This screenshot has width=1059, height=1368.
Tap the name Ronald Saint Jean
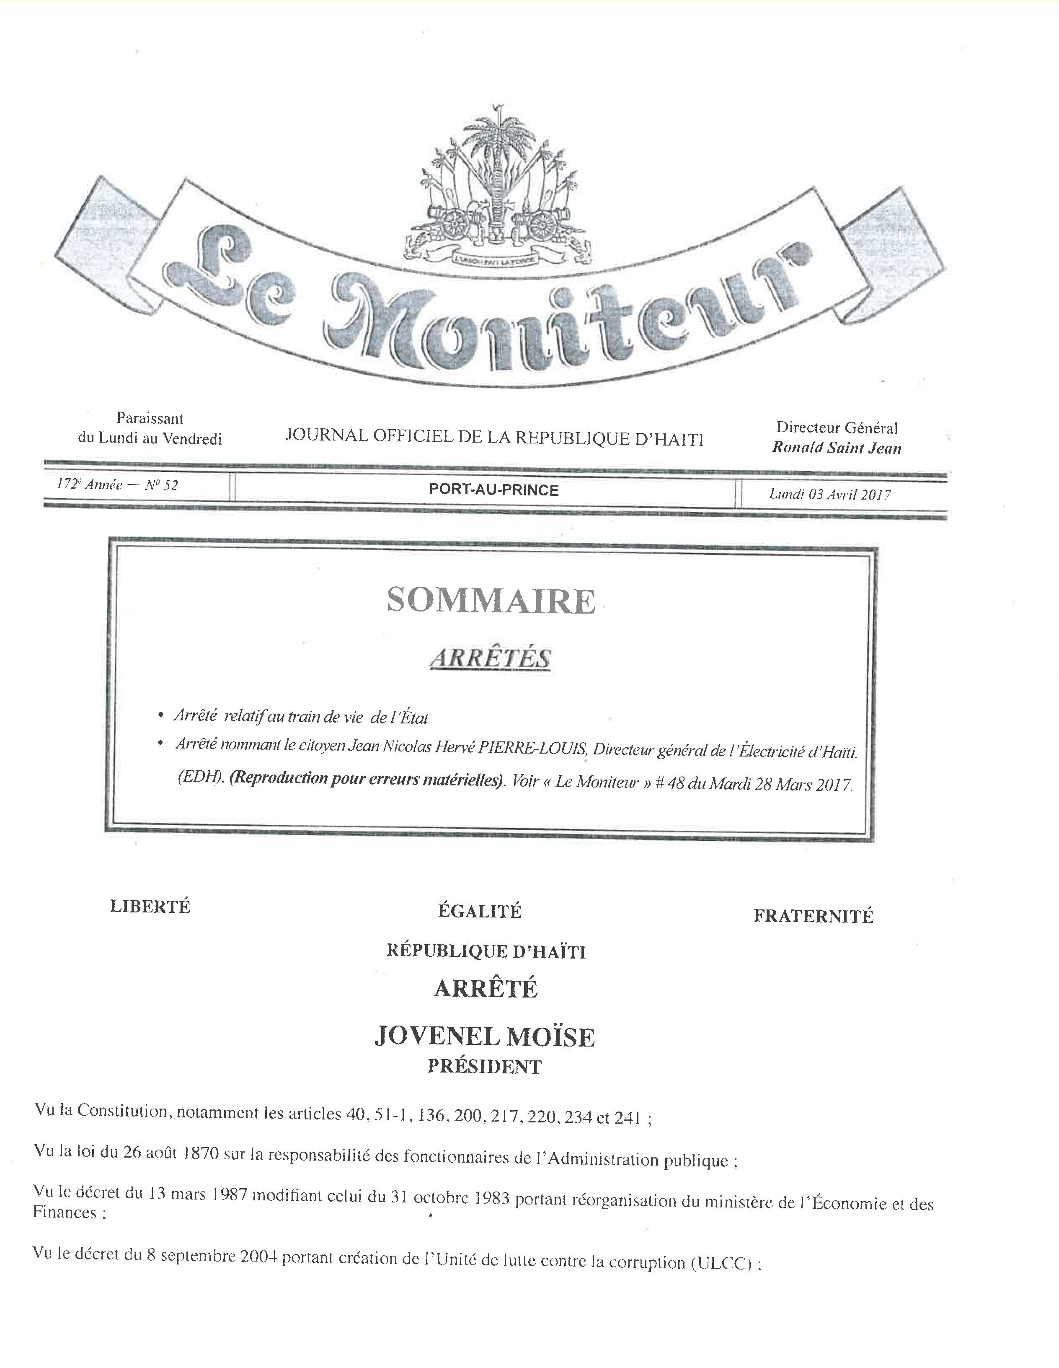point(837,448)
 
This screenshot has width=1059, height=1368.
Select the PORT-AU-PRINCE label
point(494,490)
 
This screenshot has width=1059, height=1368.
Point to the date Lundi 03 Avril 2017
point(830,494)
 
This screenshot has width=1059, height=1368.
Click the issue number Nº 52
point(161,485)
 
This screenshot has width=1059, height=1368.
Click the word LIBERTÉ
point(150,907)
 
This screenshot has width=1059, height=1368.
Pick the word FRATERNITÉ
point(813,916)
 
